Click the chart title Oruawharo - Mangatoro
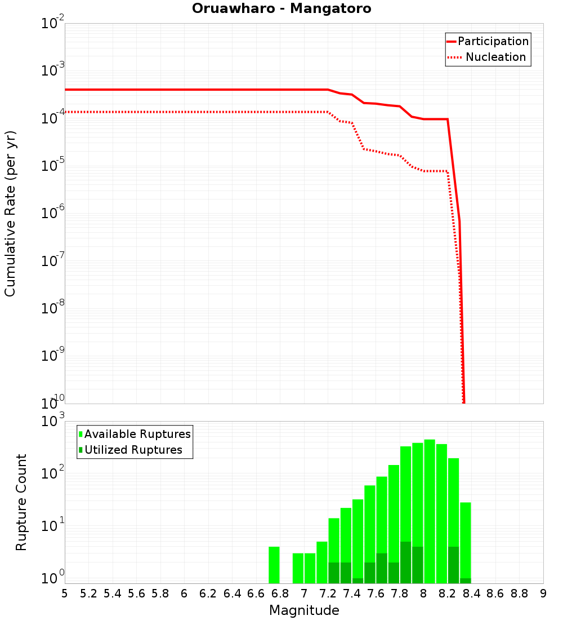(x=281, y=9)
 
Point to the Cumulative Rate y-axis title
(x=11, y=214)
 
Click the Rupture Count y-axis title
(x=21, y=502)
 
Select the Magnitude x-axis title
(x=304, y=610)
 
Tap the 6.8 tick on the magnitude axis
(x=280, y=594)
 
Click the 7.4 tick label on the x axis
(x=352, y=594)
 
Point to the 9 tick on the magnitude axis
(x=543, y=594)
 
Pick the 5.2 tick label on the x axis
(x=88, y=594)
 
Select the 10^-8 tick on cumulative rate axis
(x=52, y=309)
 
